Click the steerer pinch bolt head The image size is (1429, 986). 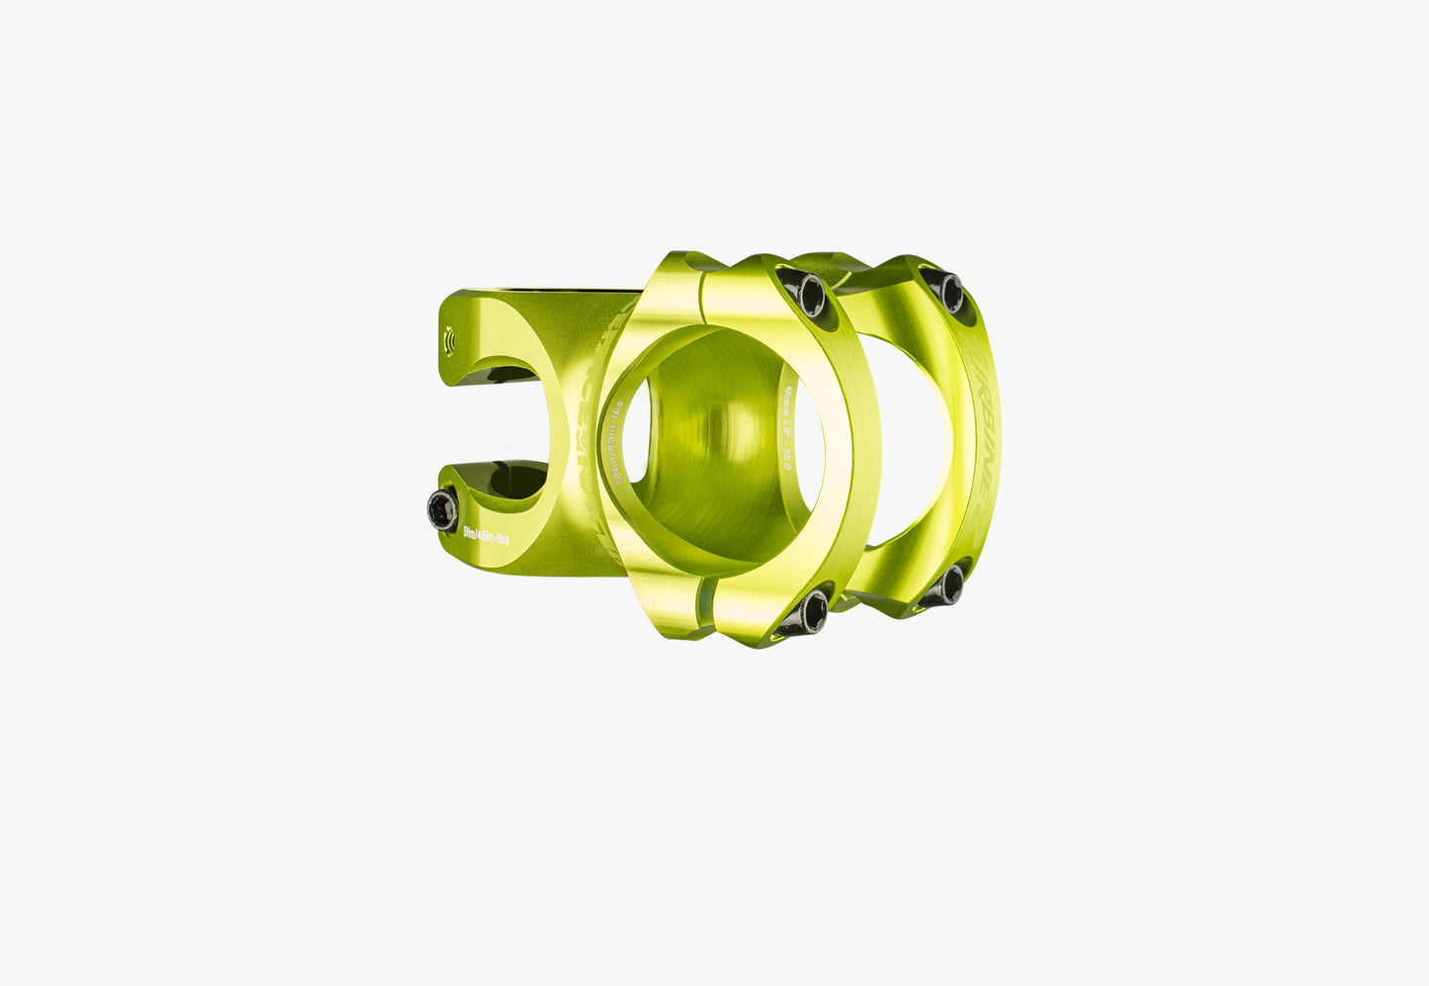point(442,508)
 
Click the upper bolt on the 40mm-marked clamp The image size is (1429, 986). point(811,294)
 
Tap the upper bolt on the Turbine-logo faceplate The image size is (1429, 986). point(950,291)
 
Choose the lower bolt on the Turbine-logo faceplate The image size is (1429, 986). point(950,584)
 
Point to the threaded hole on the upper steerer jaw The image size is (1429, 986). point(451,340)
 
